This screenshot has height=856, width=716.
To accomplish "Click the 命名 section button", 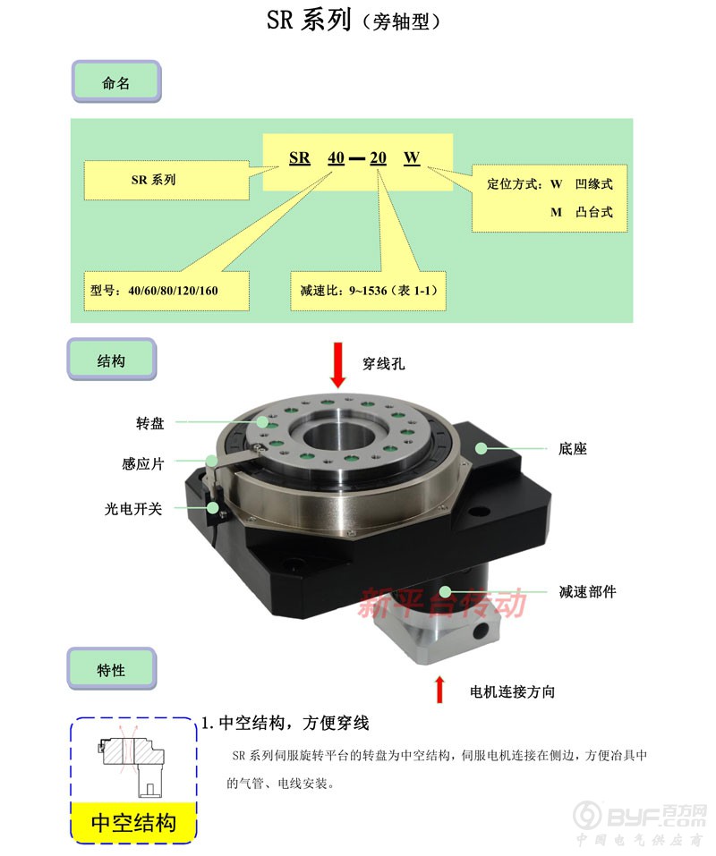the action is click(x=116, y=82).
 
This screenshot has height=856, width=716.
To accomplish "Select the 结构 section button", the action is click(x=111, y=360).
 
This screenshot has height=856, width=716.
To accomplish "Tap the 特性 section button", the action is click(x=111, y=669).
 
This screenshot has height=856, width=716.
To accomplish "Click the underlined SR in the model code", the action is click(x=299, y=158).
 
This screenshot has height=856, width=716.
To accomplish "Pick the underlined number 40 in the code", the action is click(x=336, y=158).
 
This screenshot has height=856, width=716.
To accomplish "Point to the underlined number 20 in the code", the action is click(x=378, y=158).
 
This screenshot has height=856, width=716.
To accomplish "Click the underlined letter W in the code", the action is click(x=412, y=158).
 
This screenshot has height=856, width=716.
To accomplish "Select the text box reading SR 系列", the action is click(x=166, y=180).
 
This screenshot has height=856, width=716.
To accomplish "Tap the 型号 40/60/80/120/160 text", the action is click(x=154, y=291).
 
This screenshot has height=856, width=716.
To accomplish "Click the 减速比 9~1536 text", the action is click(x=369, y=291).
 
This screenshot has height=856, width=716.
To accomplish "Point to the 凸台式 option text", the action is click(x=594, y=212).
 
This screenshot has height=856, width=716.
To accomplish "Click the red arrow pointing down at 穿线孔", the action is click(x=338, y=365).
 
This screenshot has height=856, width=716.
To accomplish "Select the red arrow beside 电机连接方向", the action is click(x=439, y=689).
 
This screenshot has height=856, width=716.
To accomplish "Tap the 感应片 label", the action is click(x=142, y=464).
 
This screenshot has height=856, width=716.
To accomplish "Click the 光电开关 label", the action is click(x=133, y=509).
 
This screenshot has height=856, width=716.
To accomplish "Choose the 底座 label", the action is click(x=573, y=449).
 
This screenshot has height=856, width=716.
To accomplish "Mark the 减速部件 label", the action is click(x=588, y=592).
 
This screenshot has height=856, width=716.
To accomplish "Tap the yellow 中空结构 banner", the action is click(x=133, y=822).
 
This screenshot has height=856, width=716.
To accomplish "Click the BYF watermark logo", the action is click(x=639, y=816).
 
